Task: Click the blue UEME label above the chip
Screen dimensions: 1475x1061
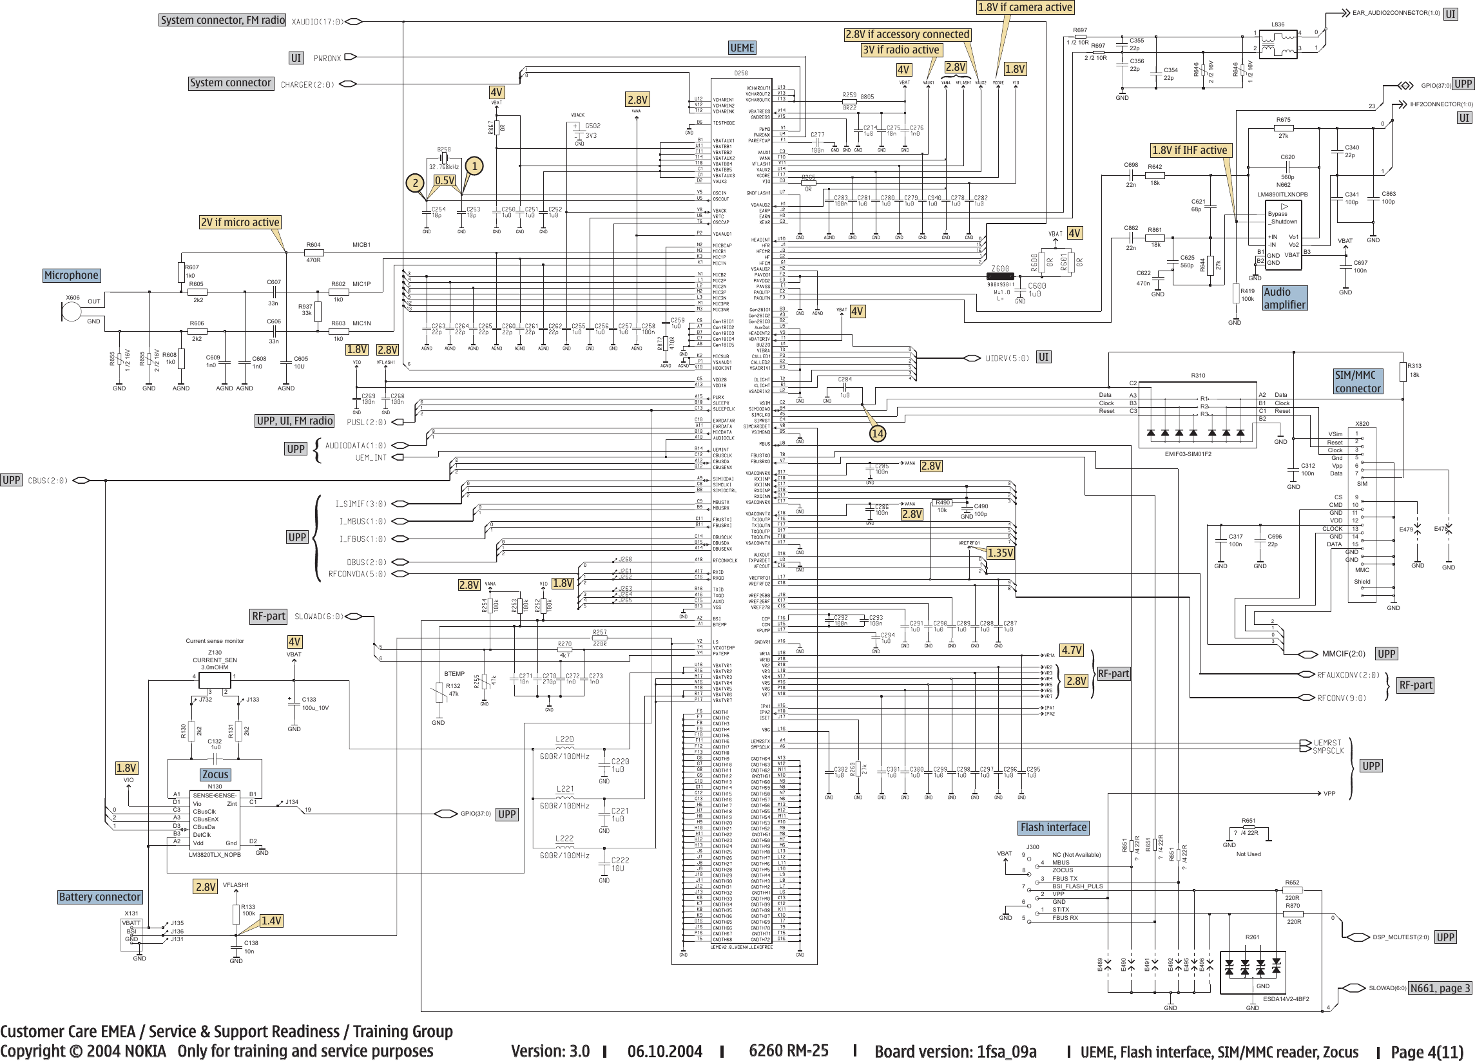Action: click(742, 48)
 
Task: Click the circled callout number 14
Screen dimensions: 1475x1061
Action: click(877, 433)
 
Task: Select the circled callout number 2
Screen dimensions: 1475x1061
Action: click(415, 184)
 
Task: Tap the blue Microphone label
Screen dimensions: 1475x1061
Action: click(72, 275)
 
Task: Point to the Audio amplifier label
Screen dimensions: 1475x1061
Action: click(1284, 298)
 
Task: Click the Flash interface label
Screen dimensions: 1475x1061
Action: click(1053, 828)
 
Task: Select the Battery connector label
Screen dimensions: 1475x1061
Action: click(99, 897)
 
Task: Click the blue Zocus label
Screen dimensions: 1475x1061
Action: click(215, 774)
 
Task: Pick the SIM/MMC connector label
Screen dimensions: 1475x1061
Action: click(1357, 382)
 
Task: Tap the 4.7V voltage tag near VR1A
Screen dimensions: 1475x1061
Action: click(1071, 650)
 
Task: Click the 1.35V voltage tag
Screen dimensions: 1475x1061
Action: click(1000, 553)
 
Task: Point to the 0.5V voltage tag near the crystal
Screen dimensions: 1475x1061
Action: click(445, 181)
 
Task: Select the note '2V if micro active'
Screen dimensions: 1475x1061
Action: click(240, 222)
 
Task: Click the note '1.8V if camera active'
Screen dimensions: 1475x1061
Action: click(1025, 7)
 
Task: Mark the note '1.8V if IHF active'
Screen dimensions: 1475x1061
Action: click(1190, 150)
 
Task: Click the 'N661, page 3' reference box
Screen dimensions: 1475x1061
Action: click(1439, 988)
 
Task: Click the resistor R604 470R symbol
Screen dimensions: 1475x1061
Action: click(313, 253)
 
